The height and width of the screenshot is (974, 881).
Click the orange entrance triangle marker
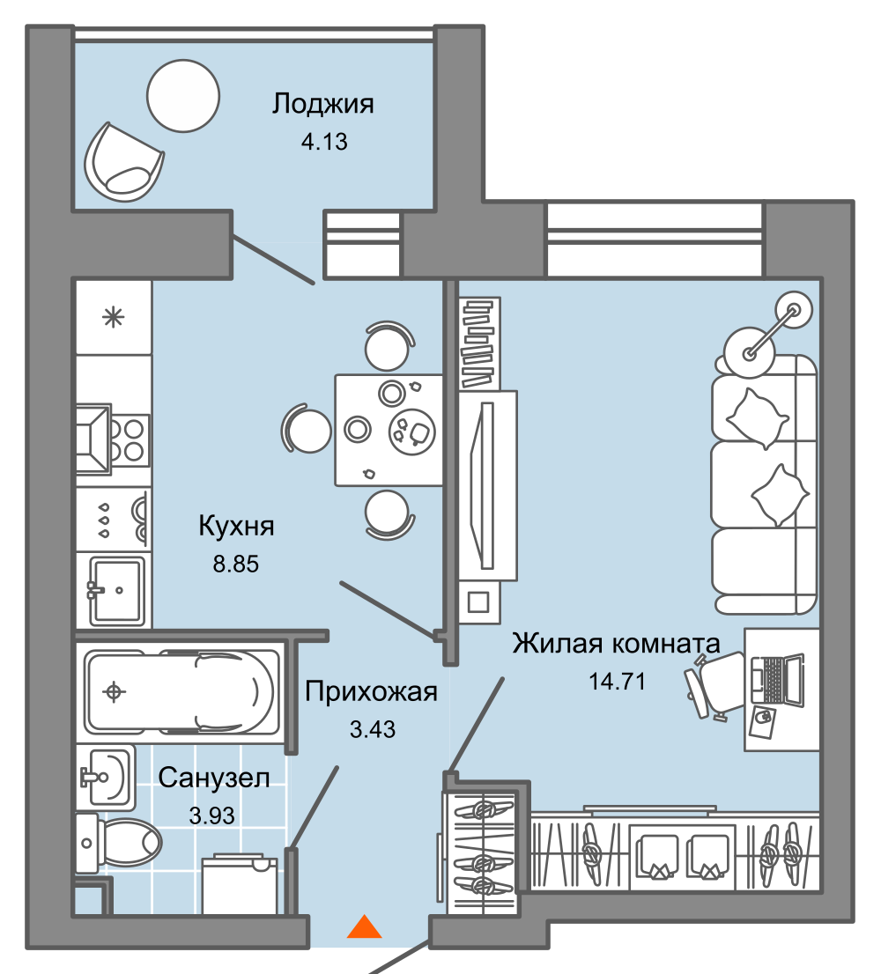(363, 927)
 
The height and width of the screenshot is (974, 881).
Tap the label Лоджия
(322, 104)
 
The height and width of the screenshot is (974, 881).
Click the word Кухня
(236, 527)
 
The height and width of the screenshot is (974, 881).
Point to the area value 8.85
(235, 564)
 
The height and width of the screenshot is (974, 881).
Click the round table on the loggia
(182, 95)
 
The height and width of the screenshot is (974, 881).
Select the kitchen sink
(114, 589)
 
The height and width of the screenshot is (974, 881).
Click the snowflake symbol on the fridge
(113, 318)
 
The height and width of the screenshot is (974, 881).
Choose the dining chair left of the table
(307, 430)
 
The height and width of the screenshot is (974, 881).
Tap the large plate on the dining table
(411, 431)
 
